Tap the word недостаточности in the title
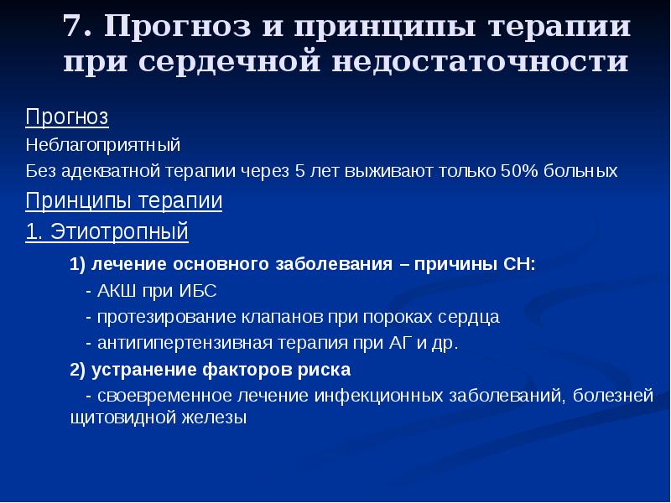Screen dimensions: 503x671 point(472,63)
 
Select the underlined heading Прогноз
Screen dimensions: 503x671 point(67,116)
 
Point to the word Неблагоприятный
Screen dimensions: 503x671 point(103,144)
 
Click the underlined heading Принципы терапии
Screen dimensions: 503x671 point(124,201)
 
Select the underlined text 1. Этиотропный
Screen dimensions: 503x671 point(107,231)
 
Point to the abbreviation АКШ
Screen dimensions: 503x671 point(115,291)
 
